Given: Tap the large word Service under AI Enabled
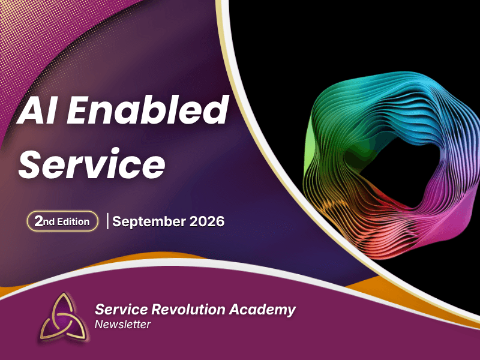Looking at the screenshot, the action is [92, 163].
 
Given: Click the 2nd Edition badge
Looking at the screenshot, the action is [63, 221].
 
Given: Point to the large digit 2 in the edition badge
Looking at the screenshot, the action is [38, 221].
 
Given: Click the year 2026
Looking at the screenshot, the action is [207, 221].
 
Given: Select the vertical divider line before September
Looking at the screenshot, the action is [107, 221].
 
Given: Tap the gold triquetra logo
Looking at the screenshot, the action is [64, 317].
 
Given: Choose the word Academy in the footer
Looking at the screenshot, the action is [262, 310].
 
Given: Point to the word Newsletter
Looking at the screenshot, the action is [122, 325].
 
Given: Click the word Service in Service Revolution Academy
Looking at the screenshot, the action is [122, 309].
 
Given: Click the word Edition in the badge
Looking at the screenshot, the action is [73, 221].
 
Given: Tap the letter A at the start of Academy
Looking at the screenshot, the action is [235, 309].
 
